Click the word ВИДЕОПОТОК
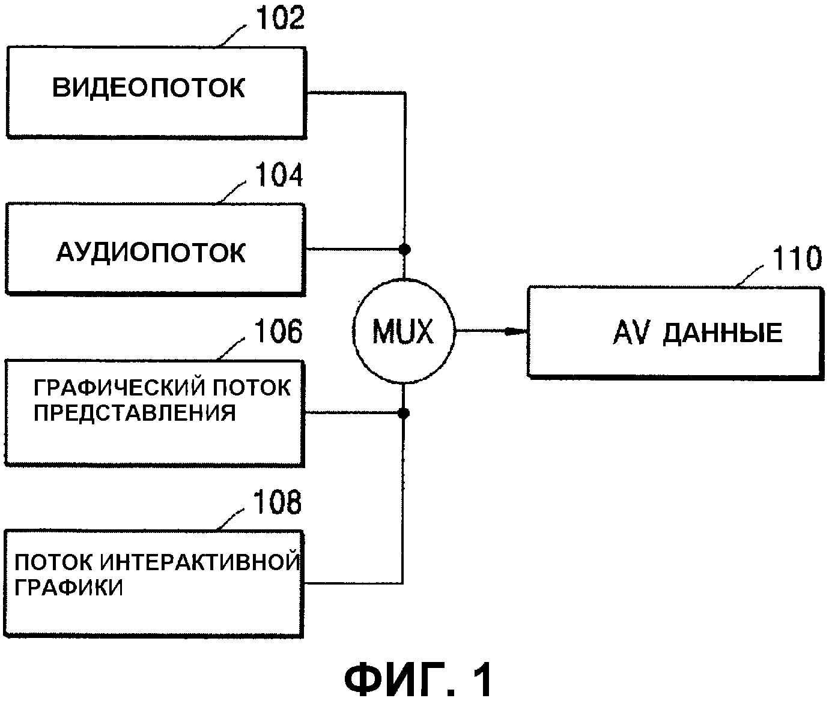149,88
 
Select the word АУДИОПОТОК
151,253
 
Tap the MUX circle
403,331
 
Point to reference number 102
281,19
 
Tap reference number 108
277,502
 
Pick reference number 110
796,259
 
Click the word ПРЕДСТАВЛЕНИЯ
135,414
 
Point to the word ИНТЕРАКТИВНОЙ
199,562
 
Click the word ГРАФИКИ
68,588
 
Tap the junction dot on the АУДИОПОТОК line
405,248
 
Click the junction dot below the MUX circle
404,413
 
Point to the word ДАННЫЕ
723,332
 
